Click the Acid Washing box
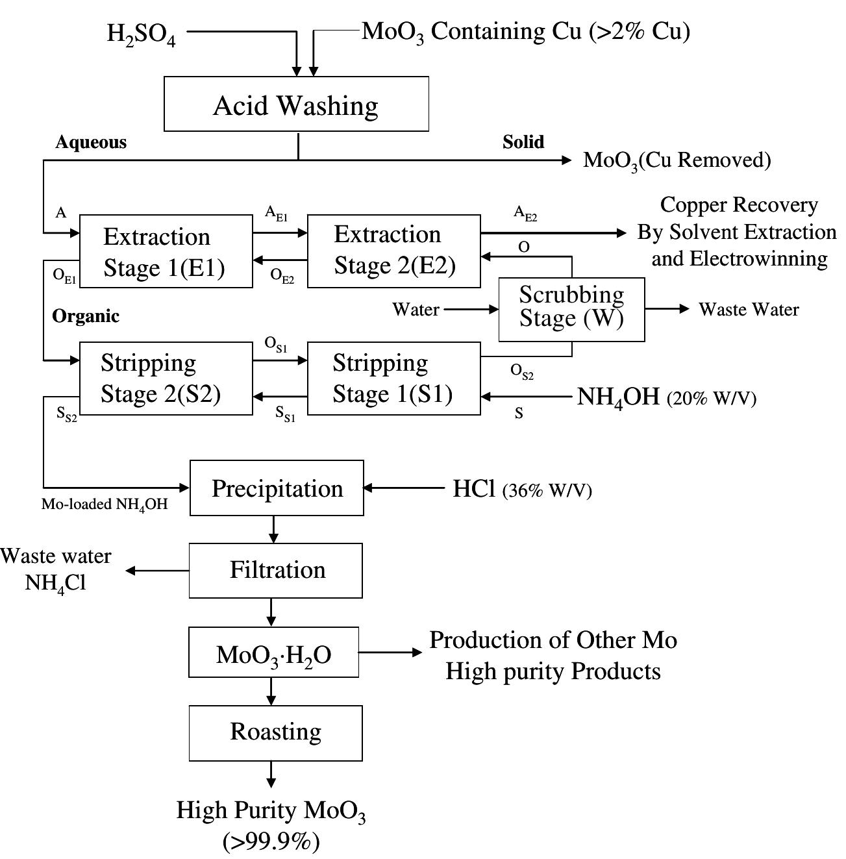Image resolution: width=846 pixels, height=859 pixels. click(x=296, y=104)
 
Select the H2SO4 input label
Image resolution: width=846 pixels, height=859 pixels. click(x=141, y=33)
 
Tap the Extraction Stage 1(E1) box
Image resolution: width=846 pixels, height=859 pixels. click(x=166, y=251)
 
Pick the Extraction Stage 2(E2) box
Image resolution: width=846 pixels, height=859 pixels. click(x=394, y=251)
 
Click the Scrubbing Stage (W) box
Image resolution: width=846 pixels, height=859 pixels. click(x=571, y=309)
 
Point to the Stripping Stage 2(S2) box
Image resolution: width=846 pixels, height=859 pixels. click(x=166, y=379)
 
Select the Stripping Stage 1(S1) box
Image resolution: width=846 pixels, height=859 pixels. click(x=394, y=379)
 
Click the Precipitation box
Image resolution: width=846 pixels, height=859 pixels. click(x=277, y=488)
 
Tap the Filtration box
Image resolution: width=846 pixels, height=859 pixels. click(x=276, y=570)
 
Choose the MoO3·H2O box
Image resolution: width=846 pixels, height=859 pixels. click(x=273, y=653)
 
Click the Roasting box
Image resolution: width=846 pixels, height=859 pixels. click(x=275, y=732)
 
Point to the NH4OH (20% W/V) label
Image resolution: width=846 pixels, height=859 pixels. click(x=666, y=397)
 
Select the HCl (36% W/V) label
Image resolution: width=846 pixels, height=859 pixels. click(x=522, y=489)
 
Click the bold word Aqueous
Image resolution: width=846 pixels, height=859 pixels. click(x=91, y=142)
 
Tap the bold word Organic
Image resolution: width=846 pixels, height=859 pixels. click(x=86, y=316)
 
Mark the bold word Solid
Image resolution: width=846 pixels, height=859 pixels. click(x=523, y=142)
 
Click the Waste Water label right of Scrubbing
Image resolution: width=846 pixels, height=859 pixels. click(x=749, y=309)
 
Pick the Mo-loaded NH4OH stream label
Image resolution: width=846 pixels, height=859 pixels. click(x=105, y=504)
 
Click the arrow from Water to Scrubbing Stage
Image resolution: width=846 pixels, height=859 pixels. click(x=471, y=310)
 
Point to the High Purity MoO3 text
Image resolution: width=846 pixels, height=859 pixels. click(x=271, y=811)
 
